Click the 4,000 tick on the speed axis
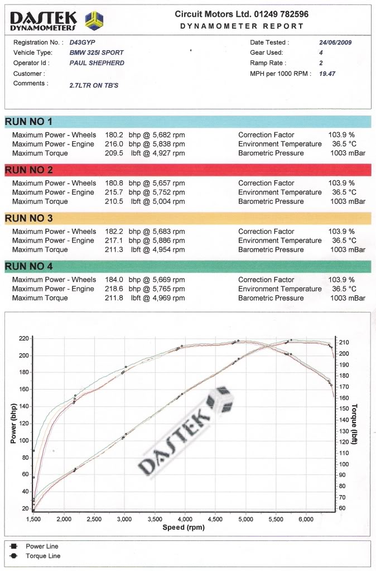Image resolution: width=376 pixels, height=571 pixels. (x=185, y=519)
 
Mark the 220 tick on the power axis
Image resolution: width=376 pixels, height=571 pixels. (x=23, y=338)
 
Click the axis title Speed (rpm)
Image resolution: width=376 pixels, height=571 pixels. (x=184, y=527)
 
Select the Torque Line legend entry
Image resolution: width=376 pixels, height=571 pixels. (x=43, y=556)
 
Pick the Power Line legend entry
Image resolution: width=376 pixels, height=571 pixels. (x=42, y=546)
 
